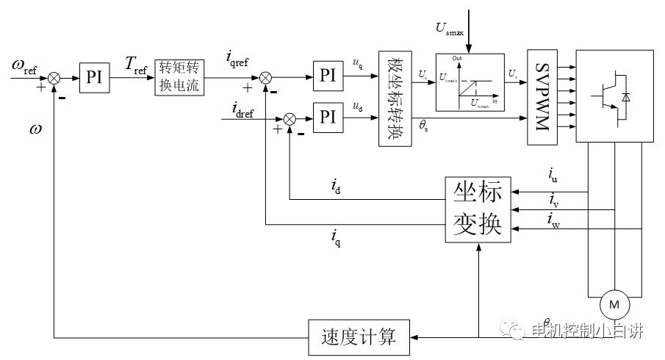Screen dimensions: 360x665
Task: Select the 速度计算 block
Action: tap(359, 337)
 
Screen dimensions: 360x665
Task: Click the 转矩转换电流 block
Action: tap(181, 76)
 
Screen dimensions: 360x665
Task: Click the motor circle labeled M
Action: tap(615, 303)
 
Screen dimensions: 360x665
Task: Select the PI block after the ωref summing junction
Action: tap(94, 76)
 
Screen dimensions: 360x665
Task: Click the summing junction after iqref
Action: tap(266, 76)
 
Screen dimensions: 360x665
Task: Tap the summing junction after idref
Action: tap(290, 118)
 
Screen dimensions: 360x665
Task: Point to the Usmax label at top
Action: tap(450, 28)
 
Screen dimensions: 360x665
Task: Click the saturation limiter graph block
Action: tap(470, 82)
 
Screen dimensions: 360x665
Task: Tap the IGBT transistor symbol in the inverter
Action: tap(614, 95)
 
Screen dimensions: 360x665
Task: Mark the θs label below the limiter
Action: tap(424, 126)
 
